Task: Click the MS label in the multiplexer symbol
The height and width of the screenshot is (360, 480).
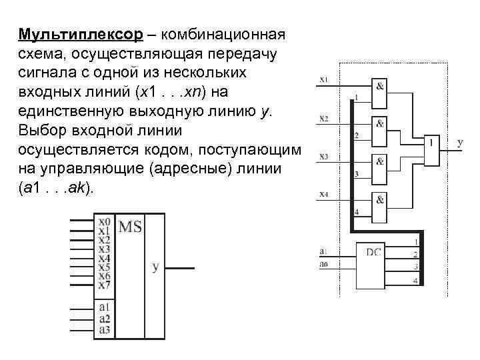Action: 130,227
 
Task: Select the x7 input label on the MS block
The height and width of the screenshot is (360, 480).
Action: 104,285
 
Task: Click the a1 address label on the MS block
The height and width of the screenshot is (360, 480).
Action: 104,307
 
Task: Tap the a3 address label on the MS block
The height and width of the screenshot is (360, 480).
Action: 104,329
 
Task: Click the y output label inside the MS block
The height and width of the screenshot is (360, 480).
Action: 155,267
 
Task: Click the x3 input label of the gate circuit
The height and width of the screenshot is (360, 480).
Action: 324,157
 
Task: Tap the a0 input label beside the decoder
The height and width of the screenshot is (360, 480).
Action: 323,265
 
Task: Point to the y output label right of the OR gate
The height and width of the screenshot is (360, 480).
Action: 459,143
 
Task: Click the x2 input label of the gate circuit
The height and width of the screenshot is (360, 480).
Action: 324,119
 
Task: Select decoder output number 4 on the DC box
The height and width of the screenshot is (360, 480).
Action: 415,281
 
